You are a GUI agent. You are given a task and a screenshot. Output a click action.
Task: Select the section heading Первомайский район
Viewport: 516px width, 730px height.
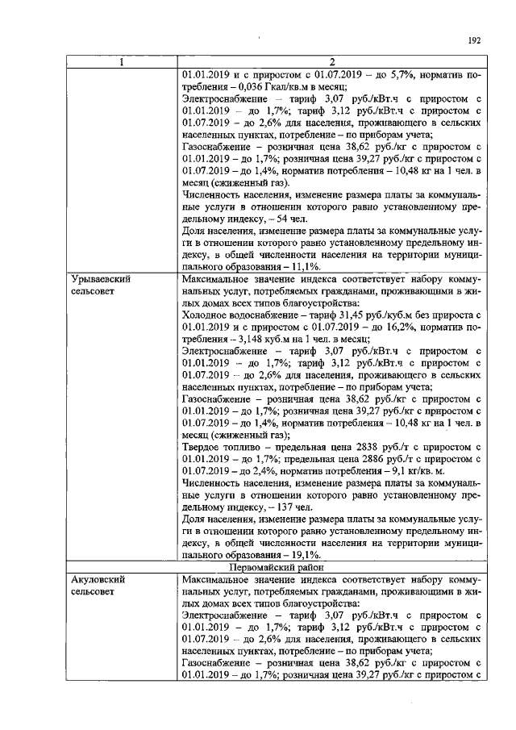click(331, 568)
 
